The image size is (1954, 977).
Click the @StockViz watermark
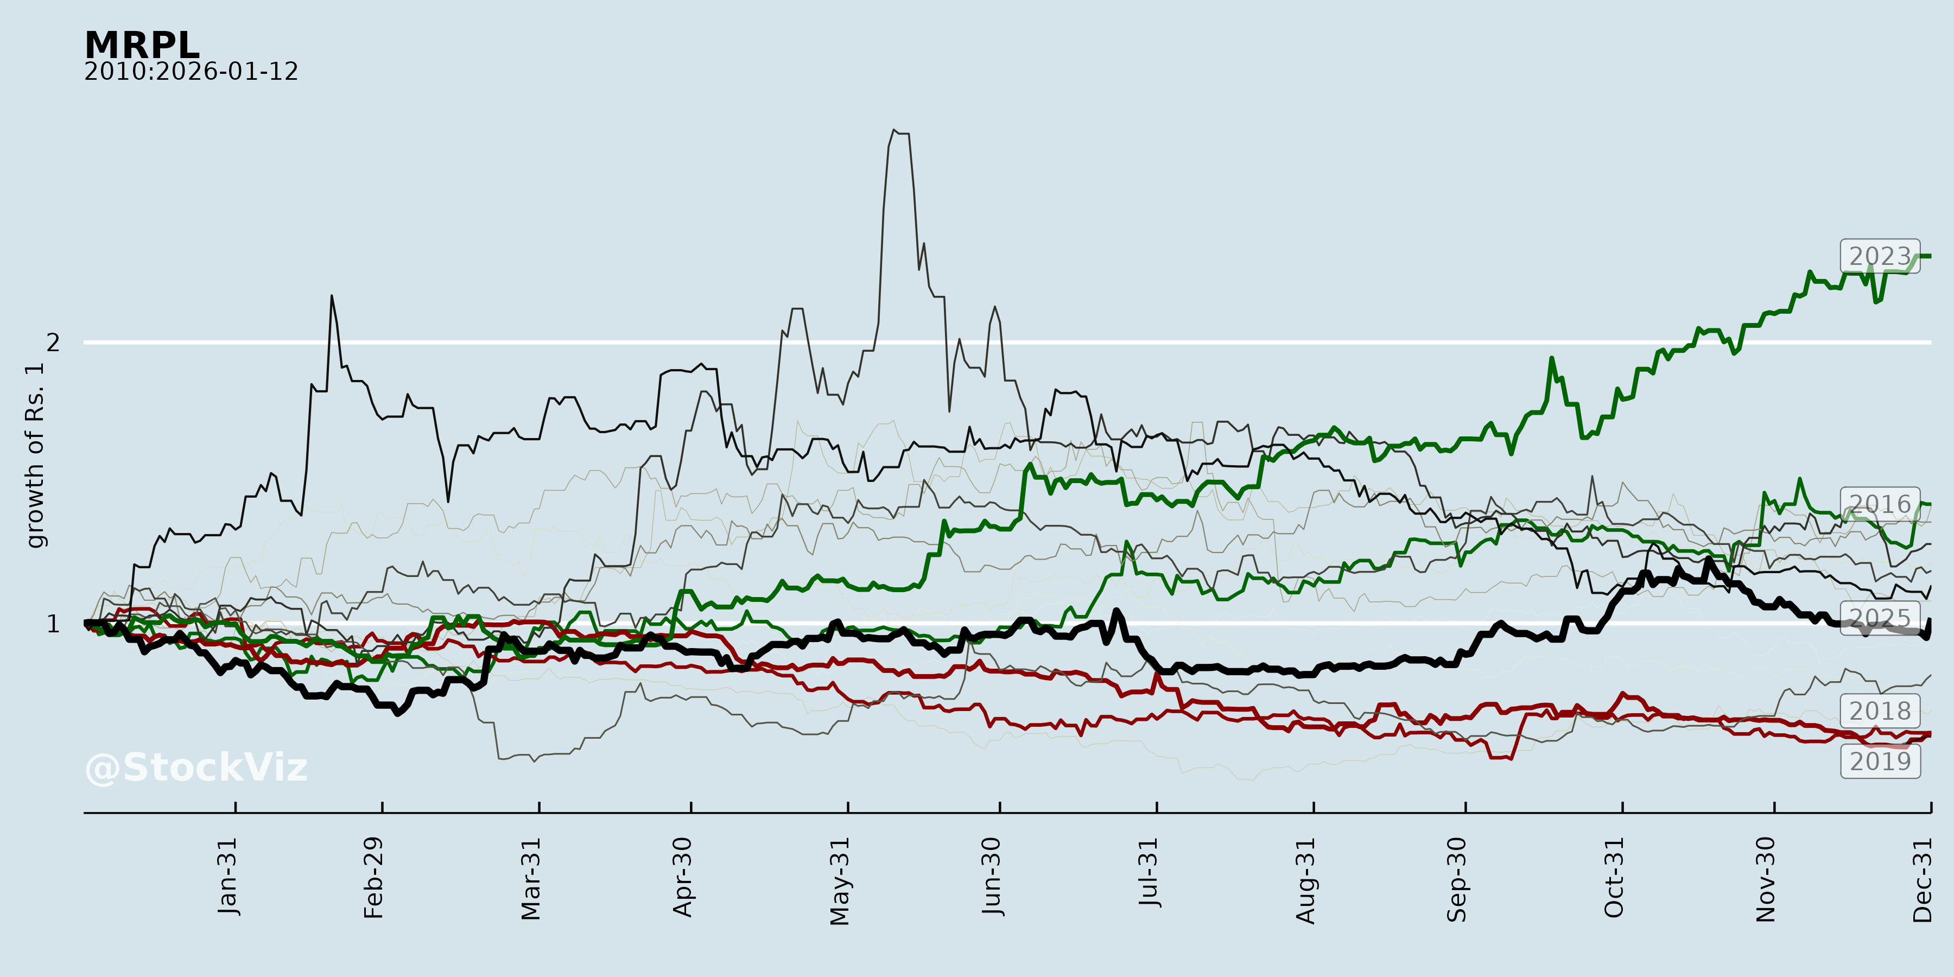[196, 767]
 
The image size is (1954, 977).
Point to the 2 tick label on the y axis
[52, 343]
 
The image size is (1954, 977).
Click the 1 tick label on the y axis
[52, 624]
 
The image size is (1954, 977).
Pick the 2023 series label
[1879, 256]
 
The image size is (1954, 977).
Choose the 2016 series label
[1879, 504]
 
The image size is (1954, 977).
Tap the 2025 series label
[1879, 618]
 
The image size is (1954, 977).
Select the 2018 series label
[1879, 710]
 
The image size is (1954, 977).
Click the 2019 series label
[1879, 761]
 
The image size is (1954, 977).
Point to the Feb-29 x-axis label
[373, 878]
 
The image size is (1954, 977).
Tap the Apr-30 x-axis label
[683, 877]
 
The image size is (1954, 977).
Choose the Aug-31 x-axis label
[1305, 880]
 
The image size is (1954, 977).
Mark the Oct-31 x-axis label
[1614, 878]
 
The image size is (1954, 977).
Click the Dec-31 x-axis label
[1922, 880]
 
